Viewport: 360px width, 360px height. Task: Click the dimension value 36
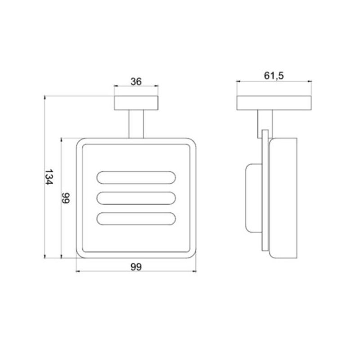coord(136,81)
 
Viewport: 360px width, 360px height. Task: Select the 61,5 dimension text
coord(274,76)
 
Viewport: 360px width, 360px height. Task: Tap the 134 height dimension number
coord(49,177)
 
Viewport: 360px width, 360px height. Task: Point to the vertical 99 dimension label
coord(66,198)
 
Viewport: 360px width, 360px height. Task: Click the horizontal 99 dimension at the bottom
coord(136,267)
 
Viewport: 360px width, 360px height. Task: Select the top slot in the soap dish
coord(136,178)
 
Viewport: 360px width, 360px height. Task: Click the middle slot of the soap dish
coord(136,198)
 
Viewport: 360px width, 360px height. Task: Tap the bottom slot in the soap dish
coord(136,219)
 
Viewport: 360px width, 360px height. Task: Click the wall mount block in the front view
coord(136,103)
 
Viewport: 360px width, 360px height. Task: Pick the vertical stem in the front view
coord(136,124)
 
